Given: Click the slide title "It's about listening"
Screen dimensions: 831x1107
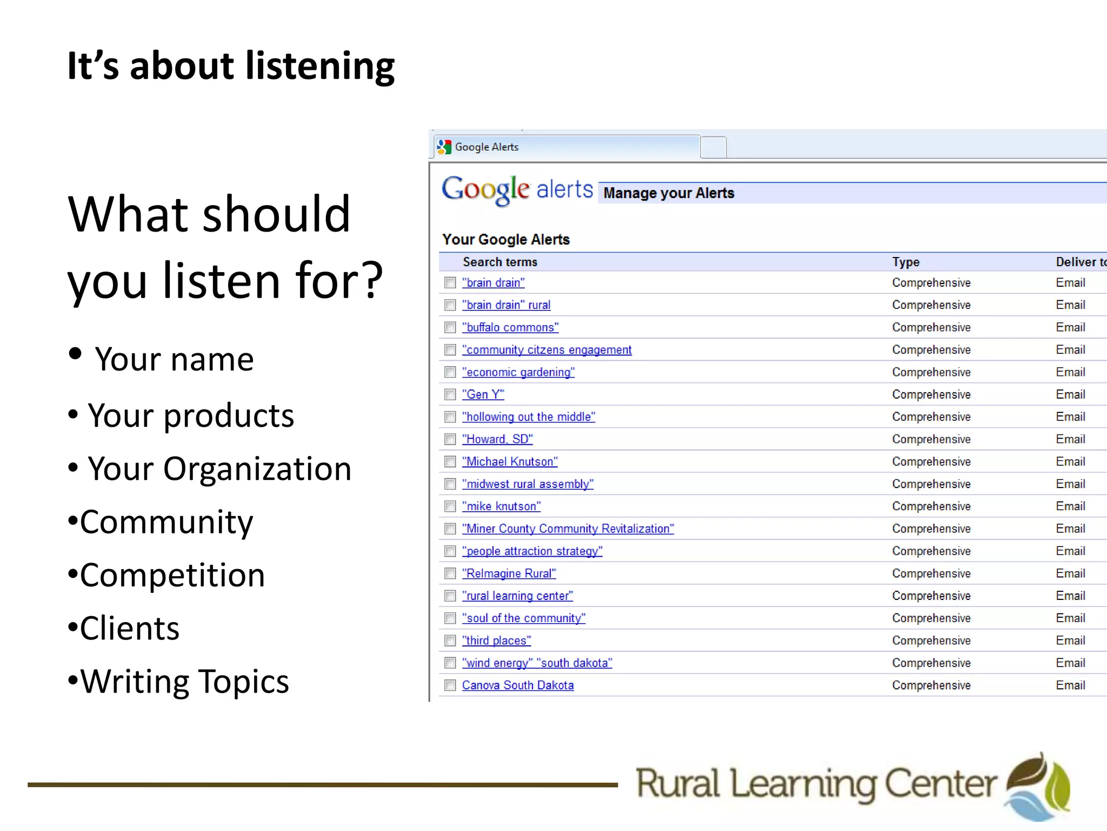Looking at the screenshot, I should (231, 66).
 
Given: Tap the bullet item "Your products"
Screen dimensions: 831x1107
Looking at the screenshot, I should (191, 415).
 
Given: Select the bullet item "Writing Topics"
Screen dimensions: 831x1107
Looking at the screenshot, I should (184, 681).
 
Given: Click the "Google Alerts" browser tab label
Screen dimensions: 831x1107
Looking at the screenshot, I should (486, 147).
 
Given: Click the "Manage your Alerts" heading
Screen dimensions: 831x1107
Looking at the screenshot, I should (669, 193).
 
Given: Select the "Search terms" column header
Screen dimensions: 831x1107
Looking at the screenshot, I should (500, 262).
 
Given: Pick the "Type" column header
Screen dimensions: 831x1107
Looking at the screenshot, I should (905, 262).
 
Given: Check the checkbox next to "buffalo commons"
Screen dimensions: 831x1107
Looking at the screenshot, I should (450, 327).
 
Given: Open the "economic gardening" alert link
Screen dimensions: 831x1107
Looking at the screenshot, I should (518, 372).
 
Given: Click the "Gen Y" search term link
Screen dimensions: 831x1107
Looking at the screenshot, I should (483, 394).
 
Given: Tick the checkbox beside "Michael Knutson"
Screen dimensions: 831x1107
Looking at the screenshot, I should (450, 461).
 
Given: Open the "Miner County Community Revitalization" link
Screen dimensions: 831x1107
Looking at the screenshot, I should (568, 529).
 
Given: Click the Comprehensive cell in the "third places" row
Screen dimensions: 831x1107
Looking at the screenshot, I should (931, 641).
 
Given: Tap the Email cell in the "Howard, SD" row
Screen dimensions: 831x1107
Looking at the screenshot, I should (1070, 439).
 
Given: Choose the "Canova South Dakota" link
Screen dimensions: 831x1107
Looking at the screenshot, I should (517, 685).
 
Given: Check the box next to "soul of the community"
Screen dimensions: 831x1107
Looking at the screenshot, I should (450, 618).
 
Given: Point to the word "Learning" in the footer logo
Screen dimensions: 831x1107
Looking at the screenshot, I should (803, 784).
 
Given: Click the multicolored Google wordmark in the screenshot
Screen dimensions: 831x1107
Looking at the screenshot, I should (485, 189).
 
